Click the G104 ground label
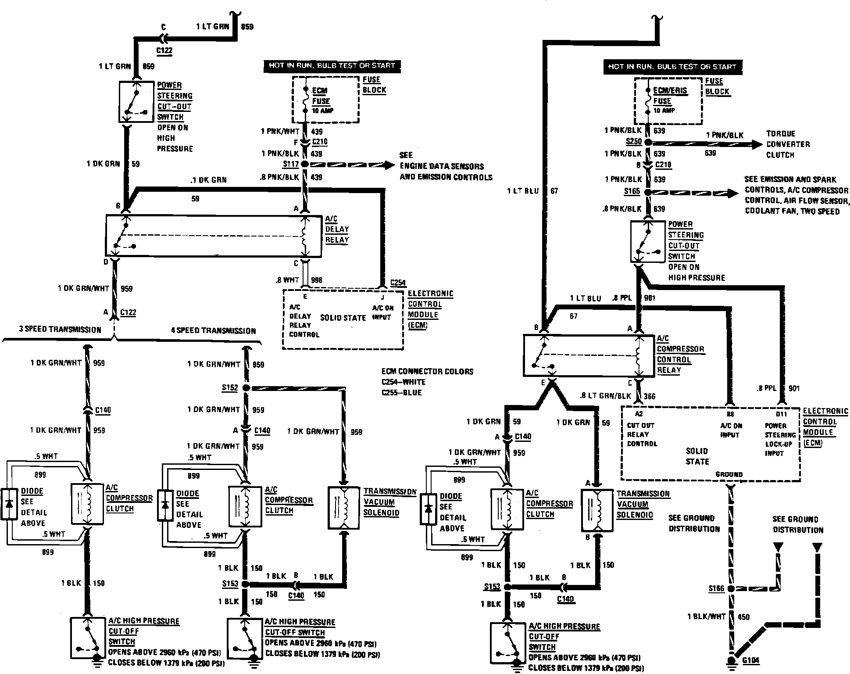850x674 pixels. tap(751, 660)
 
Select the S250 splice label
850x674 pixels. tap(633, 142)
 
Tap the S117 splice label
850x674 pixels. tap(291, 164)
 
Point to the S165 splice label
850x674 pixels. tap(632, 192)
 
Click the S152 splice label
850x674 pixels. tap(230, 388)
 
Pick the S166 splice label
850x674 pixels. tap(716, 588)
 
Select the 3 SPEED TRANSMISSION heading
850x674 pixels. tap(60, 330)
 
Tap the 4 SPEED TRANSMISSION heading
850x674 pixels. tap(213, 331)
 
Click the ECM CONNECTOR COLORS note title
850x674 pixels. tap(427, 371)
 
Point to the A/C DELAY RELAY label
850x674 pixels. tap(337, 229)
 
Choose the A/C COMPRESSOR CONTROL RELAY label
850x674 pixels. tap(680, 354)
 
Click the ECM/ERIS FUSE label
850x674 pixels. tap(669, 96)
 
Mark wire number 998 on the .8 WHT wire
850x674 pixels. tap(316, 280)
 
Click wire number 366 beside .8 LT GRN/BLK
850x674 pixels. tap(650, 396)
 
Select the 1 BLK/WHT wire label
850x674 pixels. tap(706, 617)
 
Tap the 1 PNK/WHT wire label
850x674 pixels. tap(280, 131)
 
